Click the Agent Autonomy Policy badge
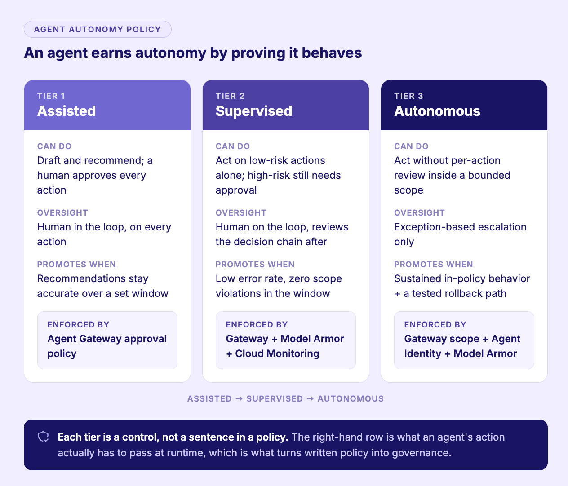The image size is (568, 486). point(98,29)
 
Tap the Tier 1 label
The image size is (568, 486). point(51,96)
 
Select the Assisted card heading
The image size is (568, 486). point(67,111)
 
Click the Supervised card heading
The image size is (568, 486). point(253,111)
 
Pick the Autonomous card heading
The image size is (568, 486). point(437,111)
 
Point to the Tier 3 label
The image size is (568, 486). point(408,96)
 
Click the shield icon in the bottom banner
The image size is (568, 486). point(44,437)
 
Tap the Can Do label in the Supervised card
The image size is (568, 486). point(233,146)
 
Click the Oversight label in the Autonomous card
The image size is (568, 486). point(419,212)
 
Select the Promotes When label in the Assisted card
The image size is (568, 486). point(77,264)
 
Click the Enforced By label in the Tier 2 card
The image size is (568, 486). point(257,324)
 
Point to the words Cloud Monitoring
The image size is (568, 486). point(277,353)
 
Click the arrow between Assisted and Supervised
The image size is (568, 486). point(239,398)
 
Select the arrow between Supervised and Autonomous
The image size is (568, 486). point(310,398)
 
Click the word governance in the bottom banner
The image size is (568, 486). point(422,453)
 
